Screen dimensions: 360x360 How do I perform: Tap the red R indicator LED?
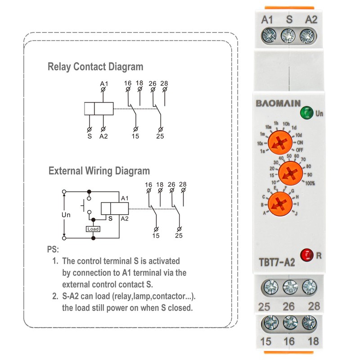pos(307,254)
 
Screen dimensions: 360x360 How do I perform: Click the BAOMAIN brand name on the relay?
pos(279,103)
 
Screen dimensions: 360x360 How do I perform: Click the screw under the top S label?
pos(288,35)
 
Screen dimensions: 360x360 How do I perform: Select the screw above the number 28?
pos(309,287)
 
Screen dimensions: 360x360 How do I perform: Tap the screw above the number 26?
pos(288,287)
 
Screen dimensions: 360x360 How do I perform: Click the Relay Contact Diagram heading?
pos(95,67)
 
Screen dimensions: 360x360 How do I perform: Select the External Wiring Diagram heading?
pos(99,171)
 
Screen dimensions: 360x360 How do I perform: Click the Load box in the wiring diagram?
pos(93,229)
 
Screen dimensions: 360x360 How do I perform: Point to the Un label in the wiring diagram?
pos(66,215)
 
